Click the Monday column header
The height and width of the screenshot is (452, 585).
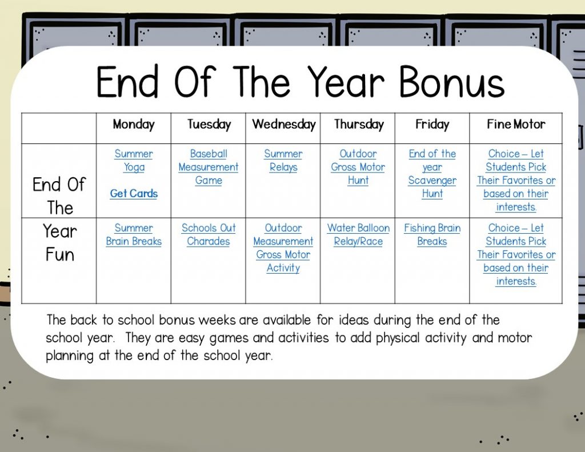click(134, 125)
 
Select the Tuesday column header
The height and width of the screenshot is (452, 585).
click(209, 125)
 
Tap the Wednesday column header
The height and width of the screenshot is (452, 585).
click(283, 125)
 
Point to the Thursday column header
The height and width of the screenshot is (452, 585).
click(359, 125)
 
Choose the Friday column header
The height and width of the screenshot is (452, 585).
click(432, 125)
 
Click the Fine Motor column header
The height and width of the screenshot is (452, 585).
click(516, 124)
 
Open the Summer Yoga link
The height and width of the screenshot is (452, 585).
click(134, 161)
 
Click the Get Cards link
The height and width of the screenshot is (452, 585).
click(134, 193)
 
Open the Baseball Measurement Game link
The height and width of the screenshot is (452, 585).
click(209, 167)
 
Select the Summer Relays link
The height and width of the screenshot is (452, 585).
click(283, 161)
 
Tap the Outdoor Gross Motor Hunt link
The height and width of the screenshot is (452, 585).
click(358, 167)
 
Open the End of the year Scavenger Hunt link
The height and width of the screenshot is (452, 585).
click(432, 174)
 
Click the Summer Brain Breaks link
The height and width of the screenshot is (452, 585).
click(134, 234)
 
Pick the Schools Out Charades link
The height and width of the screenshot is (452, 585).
click(209, 234)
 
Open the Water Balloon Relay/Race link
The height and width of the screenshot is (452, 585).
click(358, 234)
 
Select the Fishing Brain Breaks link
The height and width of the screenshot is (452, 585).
click(432, 234)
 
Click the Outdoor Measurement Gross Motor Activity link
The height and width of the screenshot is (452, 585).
click(283, 248)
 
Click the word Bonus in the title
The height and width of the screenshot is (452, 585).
click(452, 82)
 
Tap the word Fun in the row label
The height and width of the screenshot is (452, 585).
click(59, 254)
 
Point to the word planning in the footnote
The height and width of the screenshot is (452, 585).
click(69, 355)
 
